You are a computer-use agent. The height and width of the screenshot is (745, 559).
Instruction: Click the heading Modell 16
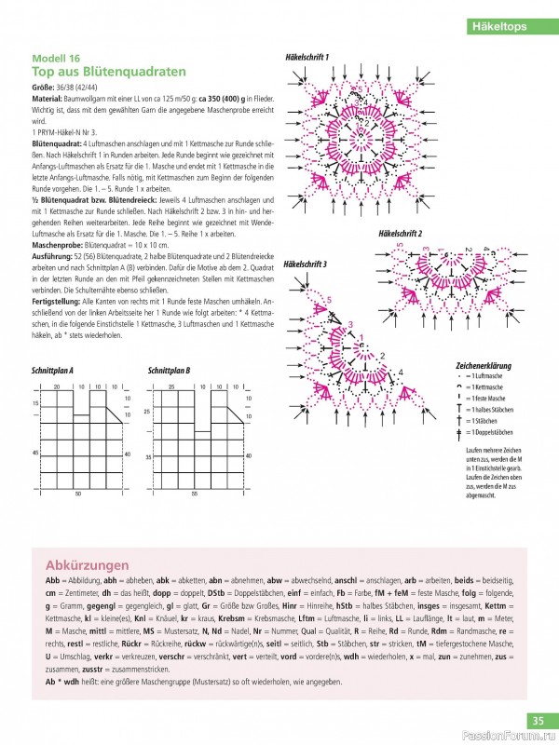(57, 57)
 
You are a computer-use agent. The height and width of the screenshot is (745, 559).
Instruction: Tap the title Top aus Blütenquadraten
(108, 71)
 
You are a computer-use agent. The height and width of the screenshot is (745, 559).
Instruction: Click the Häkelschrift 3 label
(305, 264)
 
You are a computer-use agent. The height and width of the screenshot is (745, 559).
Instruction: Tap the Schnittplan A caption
(53, 371)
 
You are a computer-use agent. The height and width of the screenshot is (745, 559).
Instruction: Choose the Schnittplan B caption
(170, 371)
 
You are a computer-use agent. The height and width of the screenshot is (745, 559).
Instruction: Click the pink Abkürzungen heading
(87, 565)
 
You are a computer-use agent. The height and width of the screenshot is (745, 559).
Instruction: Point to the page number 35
(539, 720)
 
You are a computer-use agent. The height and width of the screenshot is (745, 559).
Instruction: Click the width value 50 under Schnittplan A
(78, 493)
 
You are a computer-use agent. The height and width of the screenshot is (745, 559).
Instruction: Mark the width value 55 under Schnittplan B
(195, 493)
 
